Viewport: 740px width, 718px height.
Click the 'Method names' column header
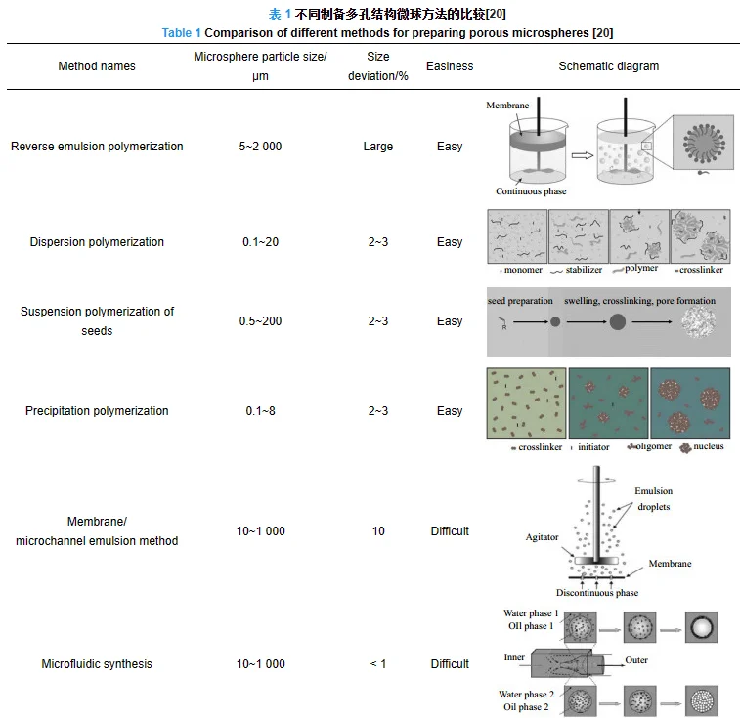pos(97,66)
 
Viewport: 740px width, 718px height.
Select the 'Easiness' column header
pos(450,66)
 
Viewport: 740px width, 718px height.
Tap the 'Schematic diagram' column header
pos(608,66)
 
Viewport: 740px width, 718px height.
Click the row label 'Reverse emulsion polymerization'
pos(97,147)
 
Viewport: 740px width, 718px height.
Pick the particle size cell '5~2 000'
pos(260,147)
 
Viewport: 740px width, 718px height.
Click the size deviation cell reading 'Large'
pos(378,147)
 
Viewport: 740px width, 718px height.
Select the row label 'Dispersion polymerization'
pos(97,242)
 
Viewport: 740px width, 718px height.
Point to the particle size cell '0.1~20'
pos(260,242)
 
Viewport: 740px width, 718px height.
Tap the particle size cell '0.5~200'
pos(260,321)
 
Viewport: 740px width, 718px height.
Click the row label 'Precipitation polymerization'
pos(97,411)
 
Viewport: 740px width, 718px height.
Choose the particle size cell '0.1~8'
pos(260,411)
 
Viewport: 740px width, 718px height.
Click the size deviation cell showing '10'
pos(378,531)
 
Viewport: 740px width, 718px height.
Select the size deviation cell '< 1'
pos(378,664)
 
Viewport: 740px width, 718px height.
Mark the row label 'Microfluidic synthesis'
pos(97,664)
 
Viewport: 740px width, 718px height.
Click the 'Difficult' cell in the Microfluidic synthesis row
pos(450,664)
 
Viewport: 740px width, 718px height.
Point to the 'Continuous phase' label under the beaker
pos(531,191)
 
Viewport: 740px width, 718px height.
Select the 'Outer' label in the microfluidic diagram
pos(636,660)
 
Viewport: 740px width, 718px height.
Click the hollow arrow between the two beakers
pos(584,154)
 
